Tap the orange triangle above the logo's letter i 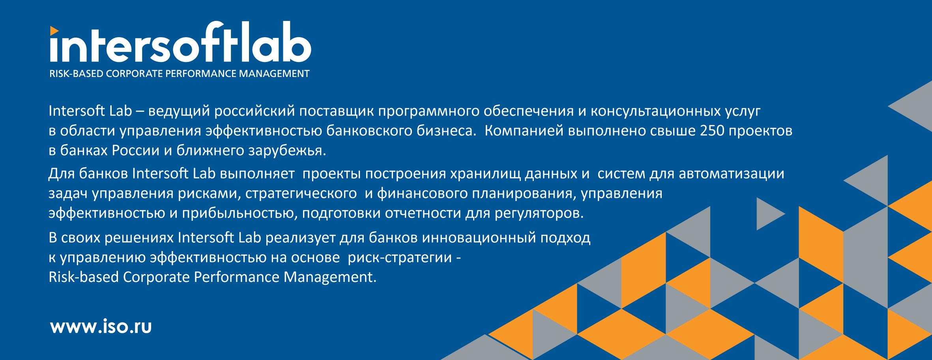(54, 29)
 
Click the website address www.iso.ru (101, 327)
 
